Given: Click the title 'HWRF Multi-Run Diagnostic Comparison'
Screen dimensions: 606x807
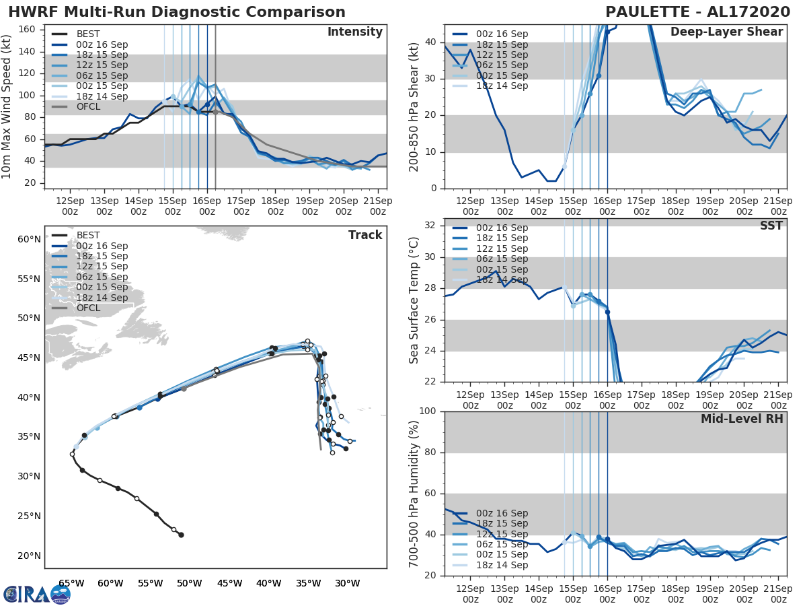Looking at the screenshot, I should tap(177, 12).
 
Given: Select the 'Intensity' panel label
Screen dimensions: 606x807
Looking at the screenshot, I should tap(354, 32).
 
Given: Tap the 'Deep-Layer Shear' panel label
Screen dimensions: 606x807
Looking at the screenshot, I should tap(726, 32).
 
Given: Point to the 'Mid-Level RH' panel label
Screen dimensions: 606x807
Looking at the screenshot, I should tap(742, 419).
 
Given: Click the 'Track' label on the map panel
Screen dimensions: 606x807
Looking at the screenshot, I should tap(365, 235).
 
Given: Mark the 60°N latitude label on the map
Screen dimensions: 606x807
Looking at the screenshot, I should tap(29, 239).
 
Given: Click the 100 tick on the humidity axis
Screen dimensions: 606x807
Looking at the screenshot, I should tap(427, 411).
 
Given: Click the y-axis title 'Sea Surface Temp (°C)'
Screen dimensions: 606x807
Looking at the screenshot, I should tap(414, 300).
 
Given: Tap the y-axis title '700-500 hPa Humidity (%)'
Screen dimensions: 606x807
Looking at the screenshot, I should tap(414, 493).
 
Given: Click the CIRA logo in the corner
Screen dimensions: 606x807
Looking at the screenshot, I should tap(36, 594).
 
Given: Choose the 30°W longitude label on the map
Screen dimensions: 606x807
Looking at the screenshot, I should tap(348, 583).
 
